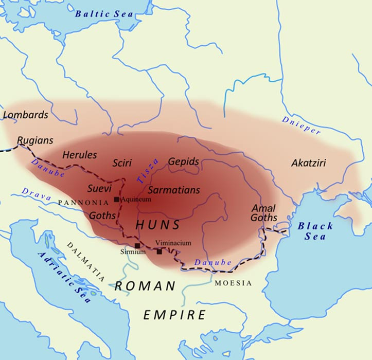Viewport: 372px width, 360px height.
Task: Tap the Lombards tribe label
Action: pos(25,115)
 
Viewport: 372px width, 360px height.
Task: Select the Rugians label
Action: pos(34,140)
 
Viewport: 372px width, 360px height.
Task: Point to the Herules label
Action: pos(79,154)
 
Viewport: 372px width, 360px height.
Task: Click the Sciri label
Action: pos(123,163)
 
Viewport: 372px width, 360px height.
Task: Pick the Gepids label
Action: pos(183,161)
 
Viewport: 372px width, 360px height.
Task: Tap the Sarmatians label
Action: pos(174,190)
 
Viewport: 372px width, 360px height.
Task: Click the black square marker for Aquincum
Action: pos(117,200)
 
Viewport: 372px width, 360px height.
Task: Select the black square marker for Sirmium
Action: pos(137,246)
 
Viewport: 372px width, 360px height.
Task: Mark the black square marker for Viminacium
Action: pos(160,251)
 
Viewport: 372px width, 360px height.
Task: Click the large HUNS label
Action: pos(157,225)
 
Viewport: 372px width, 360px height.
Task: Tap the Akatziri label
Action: pos(308,163)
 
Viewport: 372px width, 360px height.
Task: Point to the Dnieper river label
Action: pos(301,125)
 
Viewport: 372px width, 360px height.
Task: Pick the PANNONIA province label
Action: pos(84,203)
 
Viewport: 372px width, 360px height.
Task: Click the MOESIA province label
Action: pos(233,283)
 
